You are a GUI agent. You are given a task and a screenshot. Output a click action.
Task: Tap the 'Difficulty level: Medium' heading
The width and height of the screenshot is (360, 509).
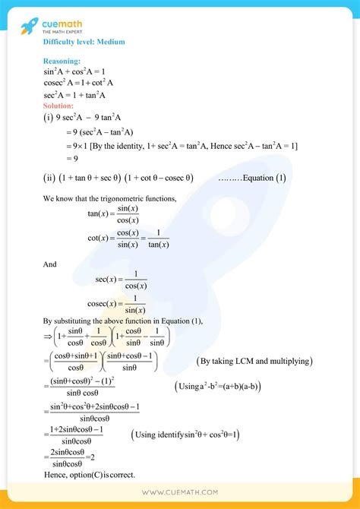tap(84, 42)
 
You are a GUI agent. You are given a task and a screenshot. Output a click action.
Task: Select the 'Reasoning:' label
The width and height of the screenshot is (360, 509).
tap(62, 61)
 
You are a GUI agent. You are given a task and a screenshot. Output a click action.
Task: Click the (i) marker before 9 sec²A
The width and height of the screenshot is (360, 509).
tap(49, 119)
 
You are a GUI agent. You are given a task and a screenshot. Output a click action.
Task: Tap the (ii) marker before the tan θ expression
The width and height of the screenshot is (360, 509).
tap(50, 179)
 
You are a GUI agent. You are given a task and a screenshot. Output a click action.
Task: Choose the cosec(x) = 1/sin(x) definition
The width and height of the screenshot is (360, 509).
tap(122, 304)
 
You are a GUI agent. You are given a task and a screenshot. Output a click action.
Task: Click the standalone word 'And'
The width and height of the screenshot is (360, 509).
tap(50, 264)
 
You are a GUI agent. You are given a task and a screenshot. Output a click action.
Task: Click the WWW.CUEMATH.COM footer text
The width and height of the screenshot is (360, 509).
tap(180, 493)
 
